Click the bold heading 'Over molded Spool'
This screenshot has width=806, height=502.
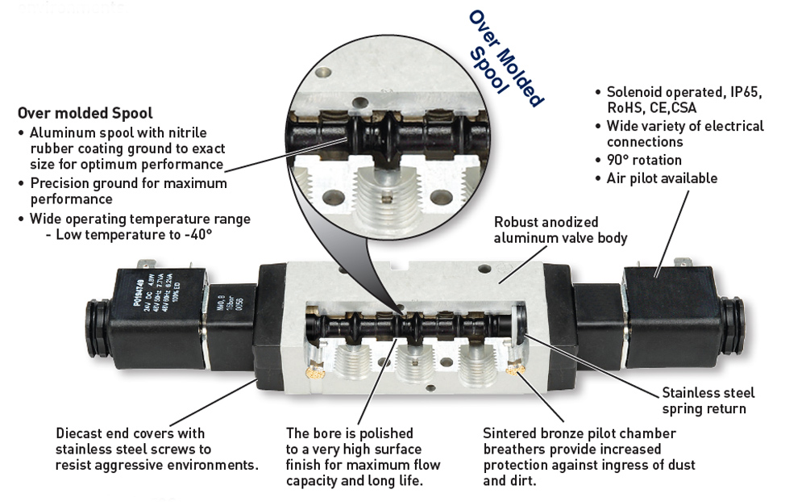coord(85,113)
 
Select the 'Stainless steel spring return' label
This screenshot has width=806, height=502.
coord(708,400)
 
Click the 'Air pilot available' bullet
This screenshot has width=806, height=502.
coord(661,178)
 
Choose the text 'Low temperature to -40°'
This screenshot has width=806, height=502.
coord(129,235)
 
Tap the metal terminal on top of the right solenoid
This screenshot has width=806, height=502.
coord(682,261)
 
